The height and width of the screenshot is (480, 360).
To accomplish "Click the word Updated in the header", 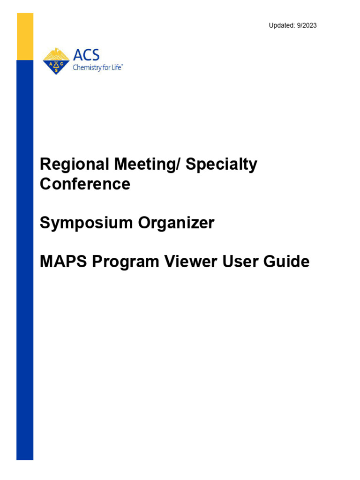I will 280,25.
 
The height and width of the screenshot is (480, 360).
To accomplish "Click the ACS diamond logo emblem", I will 56,61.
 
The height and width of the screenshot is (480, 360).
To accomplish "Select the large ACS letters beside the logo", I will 86,55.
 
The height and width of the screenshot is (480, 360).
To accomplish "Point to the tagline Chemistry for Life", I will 97,67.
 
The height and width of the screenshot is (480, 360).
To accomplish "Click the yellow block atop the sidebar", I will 25,37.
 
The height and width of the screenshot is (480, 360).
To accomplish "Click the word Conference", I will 85,184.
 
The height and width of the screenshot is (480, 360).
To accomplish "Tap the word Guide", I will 289,262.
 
